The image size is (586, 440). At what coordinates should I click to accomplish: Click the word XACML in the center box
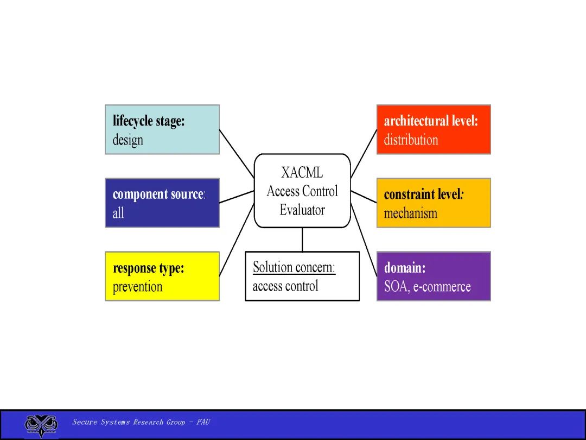click(x=302, y=173)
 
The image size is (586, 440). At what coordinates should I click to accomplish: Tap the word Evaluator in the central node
click(x=302, y=210)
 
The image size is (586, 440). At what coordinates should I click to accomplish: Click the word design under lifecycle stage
click(x=128, y=140)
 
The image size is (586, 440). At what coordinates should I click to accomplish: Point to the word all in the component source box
click(x=118, y=213)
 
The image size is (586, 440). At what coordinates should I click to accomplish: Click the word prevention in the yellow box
click(x=138, y=287)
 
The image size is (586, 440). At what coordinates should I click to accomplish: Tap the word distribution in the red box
click(x=411, y=140)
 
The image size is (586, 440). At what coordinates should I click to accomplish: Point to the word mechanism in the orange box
click(x=410, y=213)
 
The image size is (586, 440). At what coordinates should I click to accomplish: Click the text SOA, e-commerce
click(x=428, y=287)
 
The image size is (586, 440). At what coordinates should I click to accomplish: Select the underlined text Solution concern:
click(x=294, y=268)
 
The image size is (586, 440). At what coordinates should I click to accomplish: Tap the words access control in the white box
click(x=285, y=286)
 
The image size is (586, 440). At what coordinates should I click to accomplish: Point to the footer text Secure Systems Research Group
click(x=129, y=422)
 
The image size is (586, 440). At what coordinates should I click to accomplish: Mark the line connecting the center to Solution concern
click(x=302, y=240)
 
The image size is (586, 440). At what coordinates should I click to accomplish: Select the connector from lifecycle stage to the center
click(x=237, y=154)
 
